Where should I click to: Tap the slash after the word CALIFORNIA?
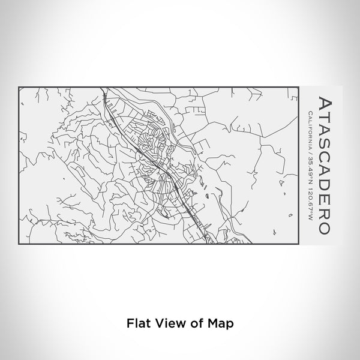point(309,151)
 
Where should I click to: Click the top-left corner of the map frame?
point(19,87)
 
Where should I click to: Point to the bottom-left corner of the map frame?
point(19,242)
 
